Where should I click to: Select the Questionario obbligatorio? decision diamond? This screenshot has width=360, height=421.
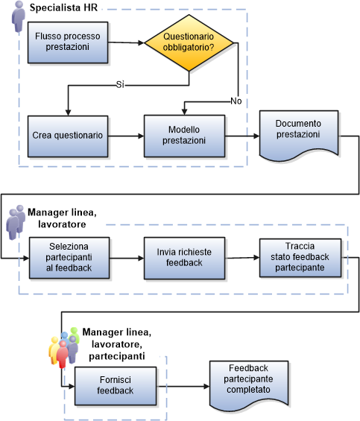[x=188, y=44]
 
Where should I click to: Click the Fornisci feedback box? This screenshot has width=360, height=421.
[x=113, y=385]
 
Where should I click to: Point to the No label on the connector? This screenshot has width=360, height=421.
[x=236, y=100]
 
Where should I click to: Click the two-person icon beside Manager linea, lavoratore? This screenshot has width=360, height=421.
[x=15, y=223]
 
